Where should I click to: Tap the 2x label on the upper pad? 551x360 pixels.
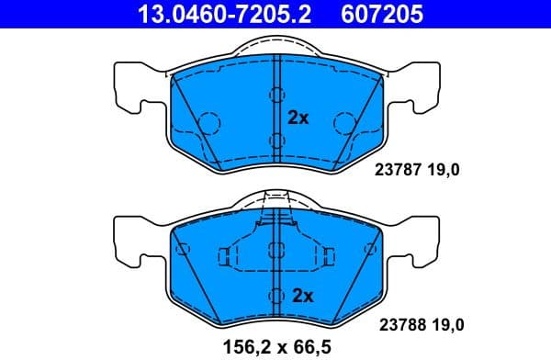(298, 118)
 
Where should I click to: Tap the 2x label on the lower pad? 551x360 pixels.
(303, 296)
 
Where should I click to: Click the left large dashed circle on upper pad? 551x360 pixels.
(208, 121)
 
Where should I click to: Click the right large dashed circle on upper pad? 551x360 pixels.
(345, 121)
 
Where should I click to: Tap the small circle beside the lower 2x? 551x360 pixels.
(275, 296)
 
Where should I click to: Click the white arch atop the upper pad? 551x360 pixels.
(276, 45)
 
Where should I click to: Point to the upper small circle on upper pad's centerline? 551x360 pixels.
(276, 96)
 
